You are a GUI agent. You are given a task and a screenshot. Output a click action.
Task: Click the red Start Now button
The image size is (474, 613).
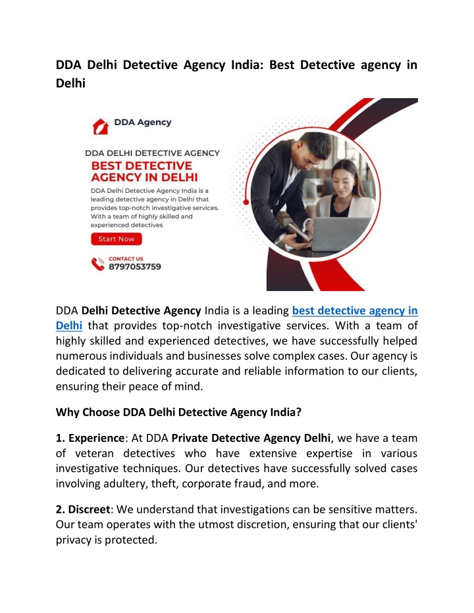(116, 239)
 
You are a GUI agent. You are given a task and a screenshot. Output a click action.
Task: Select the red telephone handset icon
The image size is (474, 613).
(98, 264)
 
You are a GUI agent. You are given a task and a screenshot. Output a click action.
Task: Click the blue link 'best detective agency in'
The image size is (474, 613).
(355, 310)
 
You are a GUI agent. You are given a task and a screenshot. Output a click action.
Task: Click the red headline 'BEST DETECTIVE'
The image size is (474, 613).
(142, 165)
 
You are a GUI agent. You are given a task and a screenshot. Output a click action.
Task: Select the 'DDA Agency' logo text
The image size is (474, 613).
(143, 122)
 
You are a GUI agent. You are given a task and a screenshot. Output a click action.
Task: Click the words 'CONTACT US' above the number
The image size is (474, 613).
(126, 259)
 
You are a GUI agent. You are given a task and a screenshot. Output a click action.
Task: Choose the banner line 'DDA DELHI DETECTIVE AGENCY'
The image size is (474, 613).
(153, 153)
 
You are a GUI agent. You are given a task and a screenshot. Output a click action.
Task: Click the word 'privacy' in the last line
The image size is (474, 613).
(74, 540)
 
